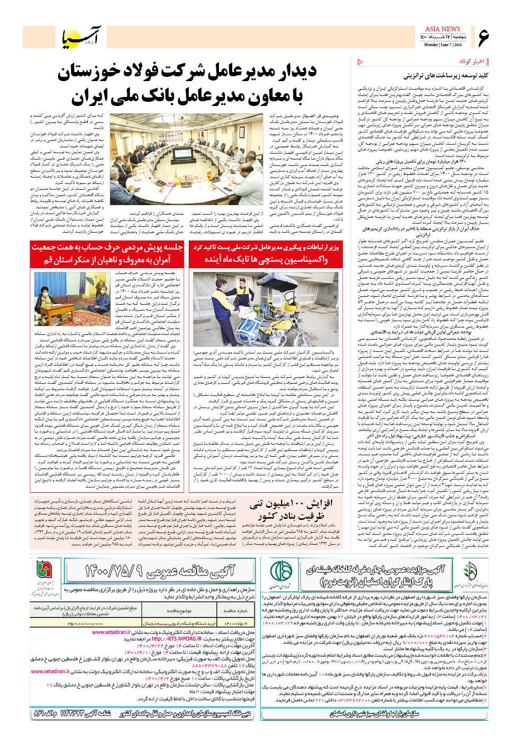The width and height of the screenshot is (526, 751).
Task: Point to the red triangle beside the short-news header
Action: tap(361, 63)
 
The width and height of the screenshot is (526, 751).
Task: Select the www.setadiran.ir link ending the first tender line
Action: tap(111, 632)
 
